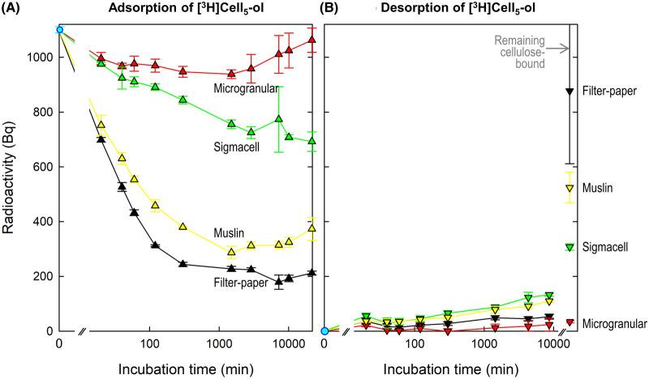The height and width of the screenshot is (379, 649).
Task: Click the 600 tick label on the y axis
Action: pos(37,167)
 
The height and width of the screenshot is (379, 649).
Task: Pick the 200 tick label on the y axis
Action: pos(37,276)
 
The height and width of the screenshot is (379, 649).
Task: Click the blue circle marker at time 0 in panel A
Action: pos(59,30)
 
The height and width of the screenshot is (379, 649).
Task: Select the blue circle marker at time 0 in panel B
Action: pos(324,330)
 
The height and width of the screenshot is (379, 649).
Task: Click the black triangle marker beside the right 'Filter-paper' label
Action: pos(569,91)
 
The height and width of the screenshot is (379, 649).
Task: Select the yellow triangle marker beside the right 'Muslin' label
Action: pos(569,188)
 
